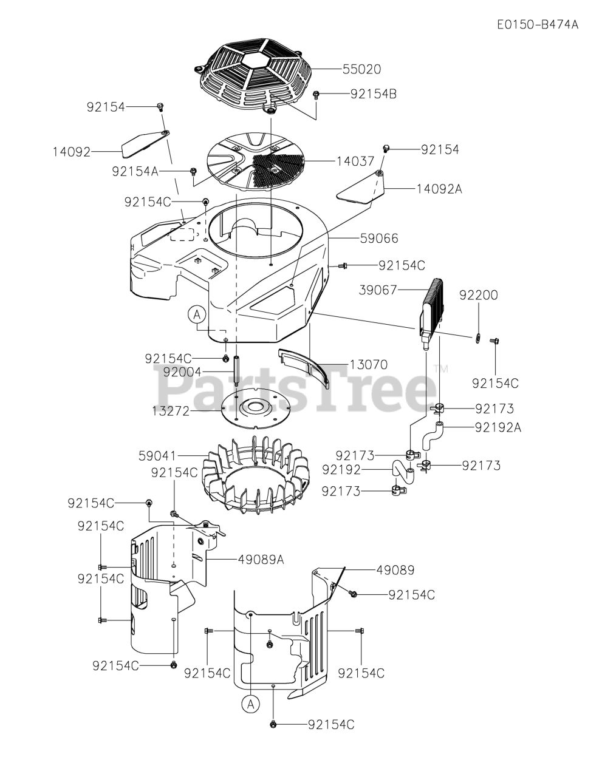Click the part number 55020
pyautogui.click(x=361, y=70)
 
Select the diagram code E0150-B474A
pyautogui.click(x=537, y=25)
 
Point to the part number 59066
pyautogui.click(x=378, y=239)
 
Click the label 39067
pyautogui.click(x=395, y=291)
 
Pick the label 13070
pyautogui.click(x=369, y=365)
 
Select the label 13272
pyautogui.click(x=171, y=411)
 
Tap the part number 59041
pyautogui.click(x=157, y=454)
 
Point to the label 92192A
pyautogui.click(x=498, y=427)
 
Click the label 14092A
pyautogui.click(x=439, y=189)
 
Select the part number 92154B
pyautogui.click(x=374, y=94)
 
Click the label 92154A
pyautogui.click(x=135, y=172)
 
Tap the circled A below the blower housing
pyautogui.click(x=196, y=314)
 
